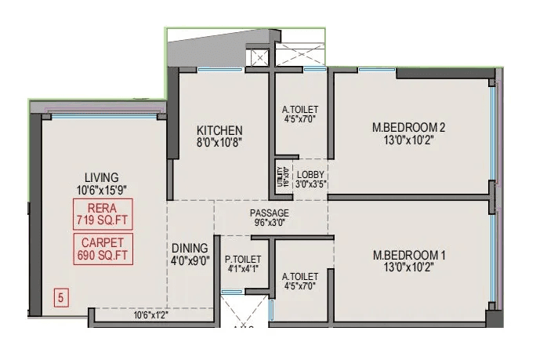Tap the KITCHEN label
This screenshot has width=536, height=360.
pyautogui.click(x=219, y=130)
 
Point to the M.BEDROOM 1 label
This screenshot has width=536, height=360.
pyautogui.click(x=408, y=255)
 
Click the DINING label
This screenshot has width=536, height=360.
pyautogui.click(x=190, y=248)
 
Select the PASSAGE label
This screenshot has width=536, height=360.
pyautogui.click(x=270, y=213)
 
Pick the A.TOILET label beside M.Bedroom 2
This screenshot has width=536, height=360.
pyautogui.click(x=300, y=110)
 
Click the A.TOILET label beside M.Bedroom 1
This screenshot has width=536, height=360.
pyautogui.click(x=300, y=277)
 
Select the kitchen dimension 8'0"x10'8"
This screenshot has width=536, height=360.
pyautogui.click(x=219, y=144)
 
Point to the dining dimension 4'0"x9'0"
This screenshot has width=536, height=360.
pyautogui.click(x=190, y=261)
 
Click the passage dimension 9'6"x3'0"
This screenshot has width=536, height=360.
pyautogui.click(x=270, y=223)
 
